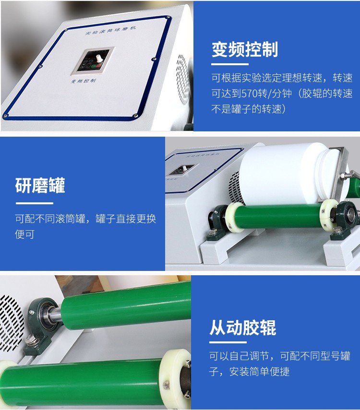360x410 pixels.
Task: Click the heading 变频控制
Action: [244, 49]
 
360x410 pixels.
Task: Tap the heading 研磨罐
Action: [40, 186]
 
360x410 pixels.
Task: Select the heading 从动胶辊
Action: [243, 328]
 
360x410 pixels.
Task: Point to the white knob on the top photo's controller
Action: [99, 59]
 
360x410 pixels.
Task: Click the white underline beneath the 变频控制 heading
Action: [229, 64]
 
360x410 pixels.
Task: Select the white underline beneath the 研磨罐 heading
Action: [34, 203]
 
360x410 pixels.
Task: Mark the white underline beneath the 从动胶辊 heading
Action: [228, 342]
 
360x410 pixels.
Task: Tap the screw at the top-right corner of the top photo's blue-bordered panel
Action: [168, 18]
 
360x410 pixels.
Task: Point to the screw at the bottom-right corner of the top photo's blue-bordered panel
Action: [136, 115]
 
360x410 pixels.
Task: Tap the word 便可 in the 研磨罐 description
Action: [24, 234]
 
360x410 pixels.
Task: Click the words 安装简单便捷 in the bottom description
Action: [260, 371]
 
